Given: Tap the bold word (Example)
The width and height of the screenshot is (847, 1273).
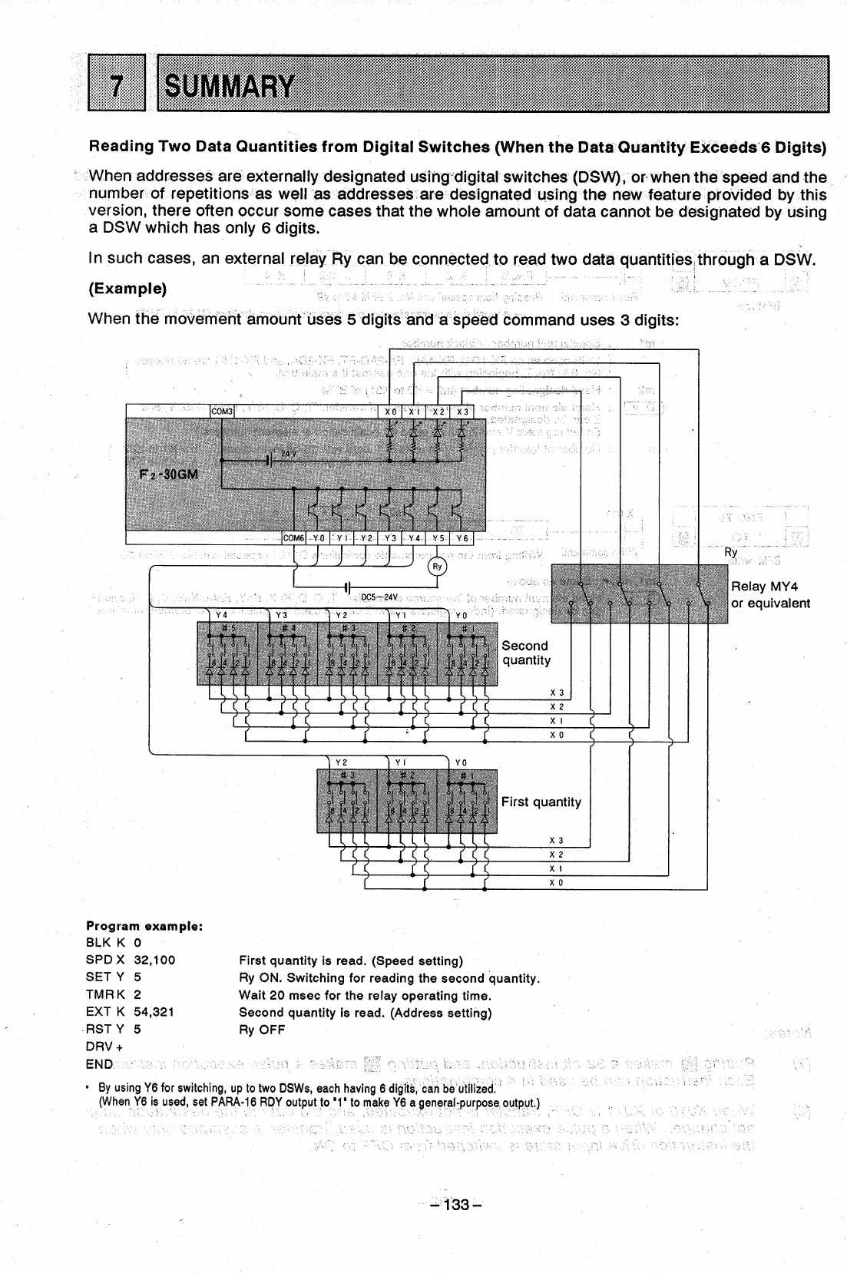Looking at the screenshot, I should (x=128, y=289).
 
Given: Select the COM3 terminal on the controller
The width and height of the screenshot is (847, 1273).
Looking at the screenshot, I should (x=222, y=412).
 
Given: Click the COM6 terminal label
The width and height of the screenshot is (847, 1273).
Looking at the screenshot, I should (x=295, y=538).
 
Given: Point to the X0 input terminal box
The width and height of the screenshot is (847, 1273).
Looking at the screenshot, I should (x=391, y=412).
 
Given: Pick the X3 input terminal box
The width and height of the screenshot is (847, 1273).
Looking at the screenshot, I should (x=463, y=412).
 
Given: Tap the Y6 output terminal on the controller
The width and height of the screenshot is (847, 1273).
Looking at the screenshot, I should (x=462, y=538).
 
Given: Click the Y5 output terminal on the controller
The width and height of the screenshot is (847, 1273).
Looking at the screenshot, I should (x=438, y=538).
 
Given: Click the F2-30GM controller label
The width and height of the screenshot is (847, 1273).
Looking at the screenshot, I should (x=168, y=474).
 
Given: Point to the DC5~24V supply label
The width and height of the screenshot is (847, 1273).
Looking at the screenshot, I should (x=379, y=597).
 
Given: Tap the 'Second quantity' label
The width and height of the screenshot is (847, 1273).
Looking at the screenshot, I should (x=526, y=653).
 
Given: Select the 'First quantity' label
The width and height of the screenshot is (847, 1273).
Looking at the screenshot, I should (x=541, y=802).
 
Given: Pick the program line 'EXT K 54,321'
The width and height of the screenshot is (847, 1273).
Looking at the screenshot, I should (x=131, y=1012).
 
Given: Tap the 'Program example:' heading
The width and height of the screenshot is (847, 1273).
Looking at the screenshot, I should (x=144, y=926).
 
